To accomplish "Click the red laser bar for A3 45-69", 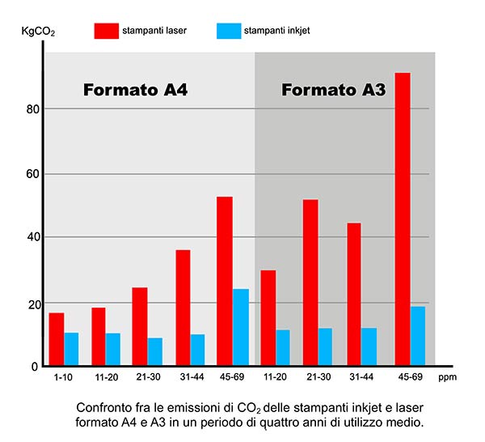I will [x=402, y=219].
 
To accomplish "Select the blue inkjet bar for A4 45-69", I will [x=241, y=327].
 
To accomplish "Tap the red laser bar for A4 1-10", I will [x=57, y=339].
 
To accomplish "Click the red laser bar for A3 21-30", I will [x=310, y=283].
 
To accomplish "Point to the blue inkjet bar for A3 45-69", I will [x=417, y=336].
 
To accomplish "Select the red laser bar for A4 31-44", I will [x=183, y=308].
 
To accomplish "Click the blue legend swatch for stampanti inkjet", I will [x=229, y=32].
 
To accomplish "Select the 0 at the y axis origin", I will [x=35, y=367].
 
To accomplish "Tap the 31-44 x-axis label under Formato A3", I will [x=361, y=378].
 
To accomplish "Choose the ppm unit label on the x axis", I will [x=447, y=378].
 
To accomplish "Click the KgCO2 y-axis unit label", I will [x=38, y=32].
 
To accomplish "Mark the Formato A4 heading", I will [x=136, y=90].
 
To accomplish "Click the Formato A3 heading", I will [x=333, y=90].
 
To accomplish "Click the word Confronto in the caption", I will [x=102, y=407].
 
